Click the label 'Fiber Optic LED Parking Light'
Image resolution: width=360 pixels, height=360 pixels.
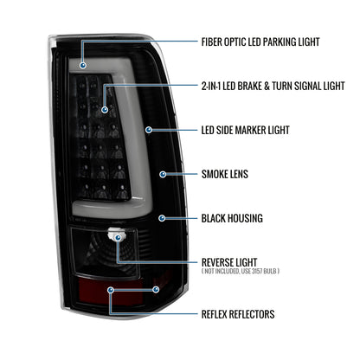coord(260,42)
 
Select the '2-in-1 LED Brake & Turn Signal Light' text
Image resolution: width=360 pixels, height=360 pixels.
coord(273,86)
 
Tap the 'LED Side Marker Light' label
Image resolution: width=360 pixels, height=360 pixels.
coord(245,130)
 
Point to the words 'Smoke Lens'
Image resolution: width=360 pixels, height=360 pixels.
coord(225,174)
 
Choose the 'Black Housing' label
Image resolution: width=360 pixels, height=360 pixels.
coord(232,218)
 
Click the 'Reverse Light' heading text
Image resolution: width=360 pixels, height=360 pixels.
coord(229,262)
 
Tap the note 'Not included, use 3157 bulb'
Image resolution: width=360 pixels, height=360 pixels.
coord(241,271)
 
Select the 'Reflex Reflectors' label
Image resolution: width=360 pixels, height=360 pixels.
coord(238,314)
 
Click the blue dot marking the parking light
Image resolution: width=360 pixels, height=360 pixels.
coord(83,66)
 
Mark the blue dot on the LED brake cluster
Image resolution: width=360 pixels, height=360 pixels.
coord(105,110)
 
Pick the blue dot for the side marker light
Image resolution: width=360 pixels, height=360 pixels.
coord(149,130)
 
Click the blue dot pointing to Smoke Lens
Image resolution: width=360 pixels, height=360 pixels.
coord(163,174)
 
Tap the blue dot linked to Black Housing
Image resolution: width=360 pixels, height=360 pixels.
coord(162,218)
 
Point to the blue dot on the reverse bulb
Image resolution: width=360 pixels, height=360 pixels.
coord(118,238)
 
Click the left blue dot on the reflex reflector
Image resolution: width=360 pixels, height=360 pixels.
coord(111,290)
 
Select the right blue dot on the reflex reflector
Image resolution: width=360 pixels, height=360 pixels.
coord(156,289)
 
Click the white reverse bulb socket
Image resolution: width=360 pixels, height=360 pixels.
coord(116,235)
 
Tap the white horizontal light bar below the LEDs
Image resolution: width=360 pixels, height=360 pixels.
coord(111,209)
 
